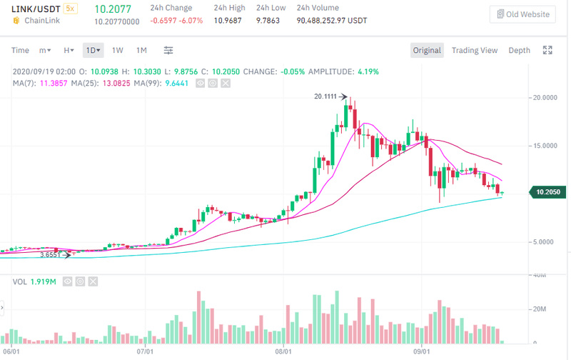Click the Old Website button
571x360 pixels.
tap(522, 14)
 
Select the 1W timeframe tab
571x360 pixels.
tap(118, 50)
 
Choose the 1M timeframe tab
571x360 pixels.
tap(141, 50)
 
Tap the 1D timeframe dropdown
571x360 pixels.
tap(93, 50)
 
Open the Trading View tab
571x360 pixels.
tap(474, 50)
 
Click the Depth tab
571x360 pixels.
tap(519, 50)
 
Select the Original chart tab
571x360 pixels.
tap(427, 50)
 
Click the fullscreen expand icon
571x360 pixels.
tap(547, 50)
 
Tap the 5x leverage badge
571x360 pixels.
tap(70, 9)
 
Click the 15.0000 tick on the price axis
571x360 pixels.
tap(544, 146)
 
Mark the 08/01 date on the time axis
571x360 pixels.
tap(285, 352)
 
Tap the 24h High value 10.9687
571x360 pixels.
tap(230, 20)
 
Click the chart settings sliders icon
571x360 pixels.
tap(168, 50)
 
